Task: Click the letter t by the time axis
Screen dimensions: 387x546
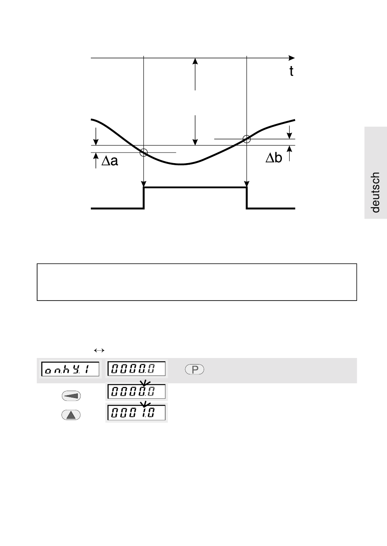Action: coord(291,71)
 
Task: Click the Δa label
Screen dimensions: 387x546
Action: coord(110,161)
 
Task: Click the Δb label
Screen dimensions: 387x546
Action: coord(274,158)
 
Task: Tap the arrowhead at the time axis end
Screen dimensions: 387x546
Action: coord(292,58)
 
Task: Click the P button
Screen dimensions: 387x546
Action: coord(194,369)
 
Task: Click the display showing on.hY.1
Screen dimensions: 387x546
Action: coord(70,369)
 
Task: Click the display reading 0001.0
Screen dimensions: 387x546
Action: coord(136,413)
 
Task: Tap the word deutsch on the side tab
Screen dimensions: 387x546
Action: coord(375,192)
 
